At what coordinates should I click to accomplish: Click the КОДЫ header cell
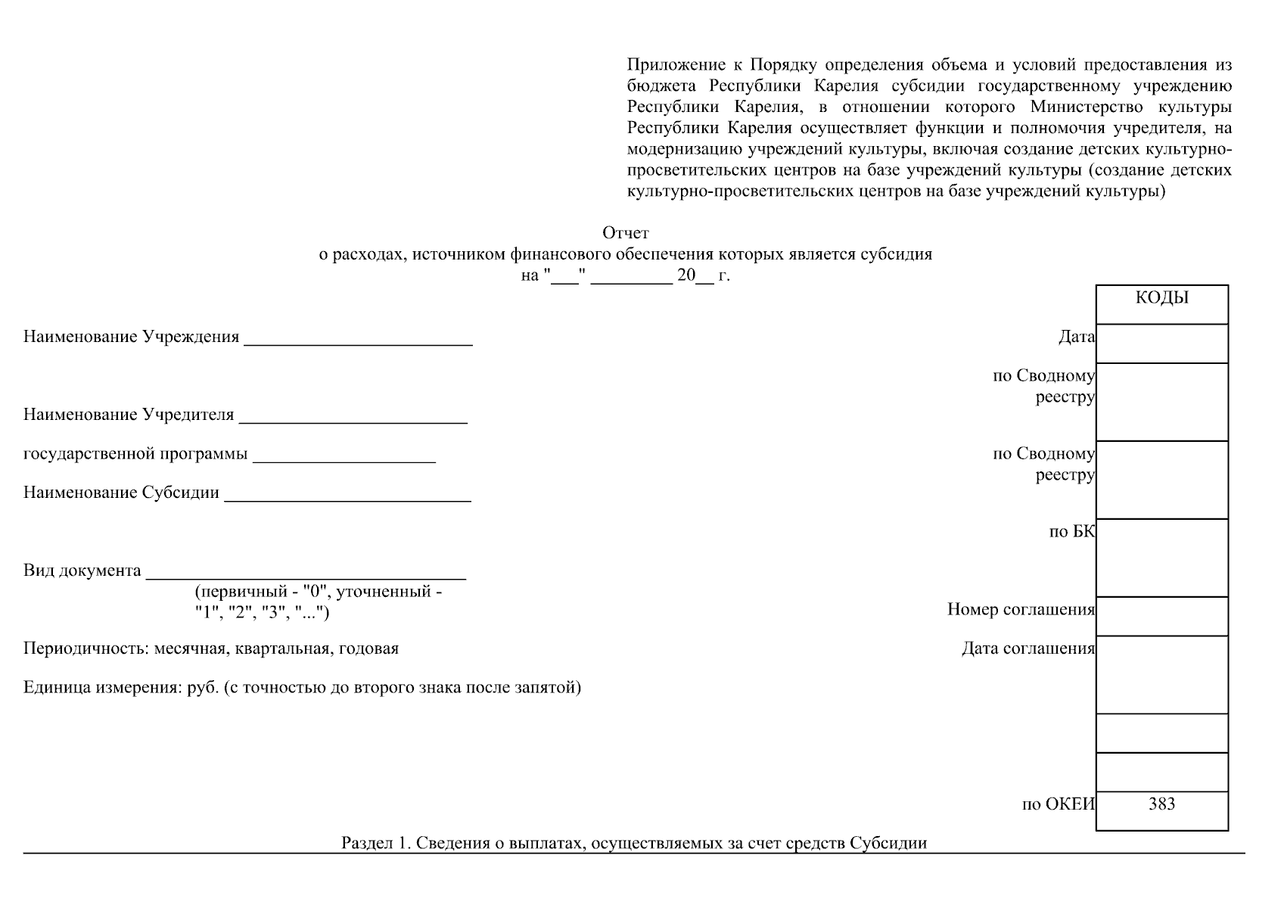coord(1161,299)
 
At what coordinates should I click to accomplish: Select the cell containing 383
coord(1161,804)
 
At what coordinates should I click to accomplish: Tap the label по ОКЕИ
coord(1058,804)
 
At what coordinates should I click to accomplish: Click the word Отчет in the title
coord(625,233)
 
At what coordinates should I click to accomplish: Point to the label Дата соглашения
coord(1028,648)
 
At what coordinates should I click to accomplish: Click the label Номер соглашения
coord(1020,610)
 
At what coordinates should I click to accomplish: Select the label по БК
coord(1071,532)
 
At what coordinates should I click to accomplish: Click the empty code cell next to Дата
coord(1161,344)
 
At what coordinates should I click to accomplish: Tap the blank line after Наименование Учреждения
coord(358,339)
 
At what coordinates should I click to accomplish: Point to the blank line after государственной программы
coord(344,456)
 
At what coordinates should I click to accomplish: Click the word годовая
coord(368,649)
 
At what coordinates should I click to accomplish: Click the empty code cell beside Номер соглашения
coord(1161,616)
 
